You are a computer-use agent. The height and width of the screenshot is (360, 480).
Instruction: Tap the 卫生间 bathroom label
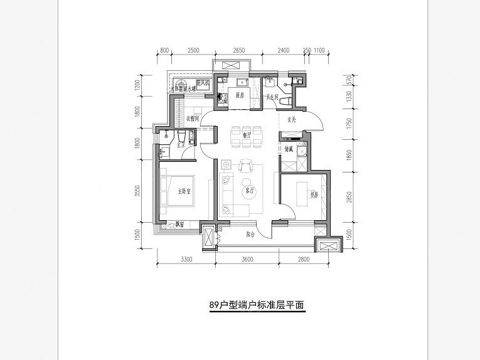(x=272, y=96)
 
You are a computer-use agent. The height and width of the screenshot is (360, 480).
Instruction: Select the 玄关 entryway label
(x=292, y=120)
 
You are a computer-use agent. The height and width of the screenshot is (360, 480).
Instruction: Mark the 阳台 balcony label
(x=250, y=234)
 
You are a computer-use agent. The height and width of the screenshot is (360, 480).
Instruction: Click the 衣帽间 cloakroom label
(x=193, y=118)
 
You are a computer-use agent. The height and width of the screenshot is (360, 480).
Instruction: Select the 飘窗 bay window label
(x=179, y=225)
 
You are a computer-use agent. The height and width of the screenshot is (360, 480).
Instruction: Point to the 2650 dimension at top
(x=238, y=50)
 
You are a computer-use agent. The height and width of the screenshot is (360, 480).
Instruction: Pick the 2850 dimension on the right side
(x=349, y=196)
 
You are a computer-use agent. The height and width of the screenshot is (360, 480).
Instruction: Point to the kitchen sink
(x=240, y=82)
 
